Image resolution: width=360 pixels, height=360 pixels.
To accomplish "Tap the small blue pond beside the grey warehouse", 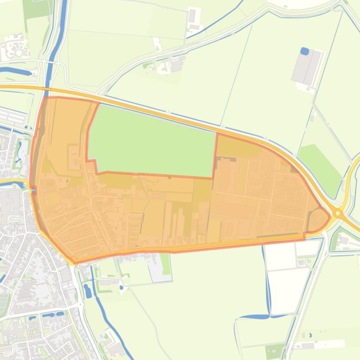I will tap(305, 50).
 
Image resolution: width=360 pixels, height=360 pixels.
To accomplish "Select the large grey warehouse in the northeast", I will tap(307, 67).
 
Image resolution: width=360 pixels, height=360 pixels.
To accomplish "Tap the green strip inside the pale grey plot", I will tap(165, 263).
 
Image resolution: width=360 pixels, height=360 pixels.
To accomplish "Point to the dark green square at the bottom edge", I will tap(275, 351).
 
